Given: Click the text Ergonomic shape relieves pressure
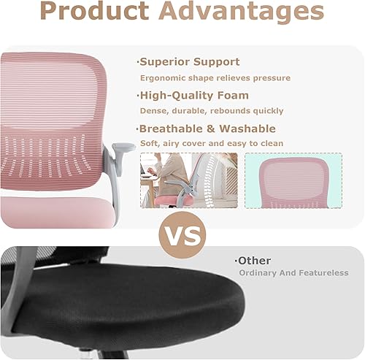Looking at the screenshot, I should point(215,77).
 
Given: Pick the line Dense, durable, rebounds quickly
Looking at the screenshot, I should point(211,110).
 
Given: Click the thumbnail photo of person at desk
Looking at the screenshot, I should point(188,180).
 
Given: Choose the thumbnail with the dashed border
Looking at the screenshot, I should point(293,180).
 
